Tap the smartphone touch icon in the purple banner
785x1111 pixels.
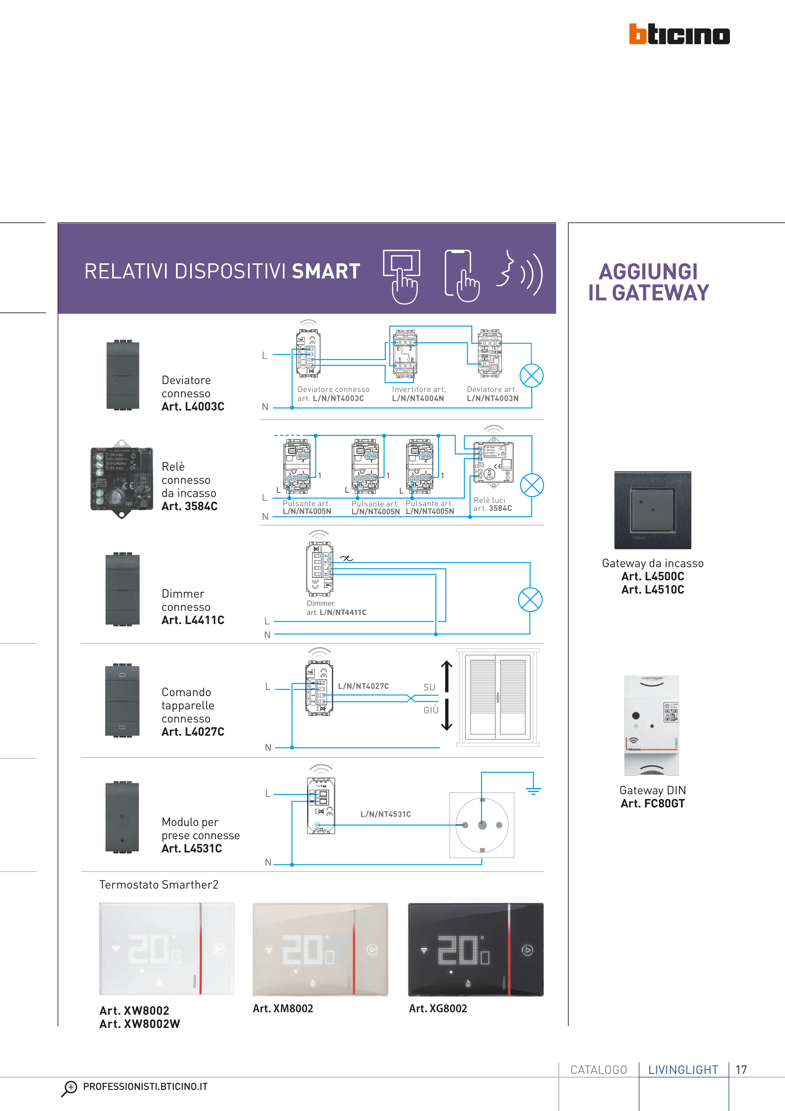point(462,276)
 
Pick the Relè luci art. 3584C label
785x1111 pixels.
point(492,504)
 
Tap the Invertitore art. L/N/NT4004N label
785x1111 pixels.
point(418,394)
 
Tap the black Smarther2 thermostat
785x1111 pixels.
point(475,949)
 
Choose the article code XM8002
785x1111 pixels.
point(283,1008)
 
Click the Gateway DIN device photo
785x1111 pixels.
point(651,726)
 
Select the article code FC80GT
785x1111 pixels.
point(652,804)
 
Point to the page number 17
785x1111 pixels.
point(741,1070)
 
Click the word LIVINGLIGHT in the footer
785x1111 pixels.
point(683,1070)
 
